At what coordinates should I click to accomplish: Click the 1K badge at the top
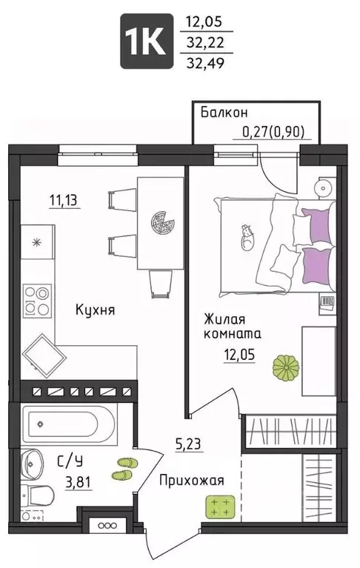point(147,42)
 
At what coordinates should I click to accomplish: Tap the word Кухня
point(95,310)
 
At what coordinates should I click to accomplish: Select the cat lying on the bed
point(247,236)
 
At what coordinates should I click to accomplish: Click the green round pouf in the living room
point(284,368)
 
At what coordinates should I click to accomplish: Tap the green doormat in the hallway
point(219,507)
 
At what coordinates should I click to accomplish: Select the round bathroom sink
point(33,464)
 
